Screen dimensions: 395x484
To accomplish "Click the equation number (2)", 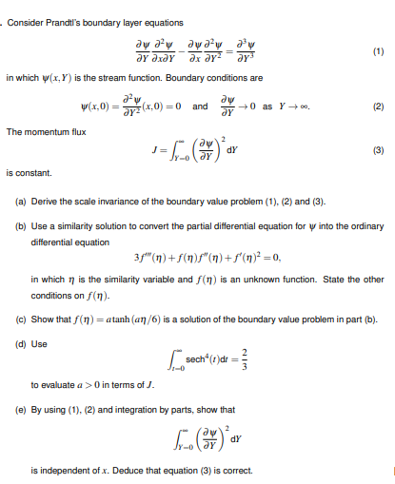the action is [x=377, y=106].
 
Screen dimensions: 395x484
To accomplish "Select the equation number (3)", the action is [x=377, y=150].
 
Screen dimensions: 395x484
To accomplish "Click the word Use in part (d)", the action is [x=40, y=329].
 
